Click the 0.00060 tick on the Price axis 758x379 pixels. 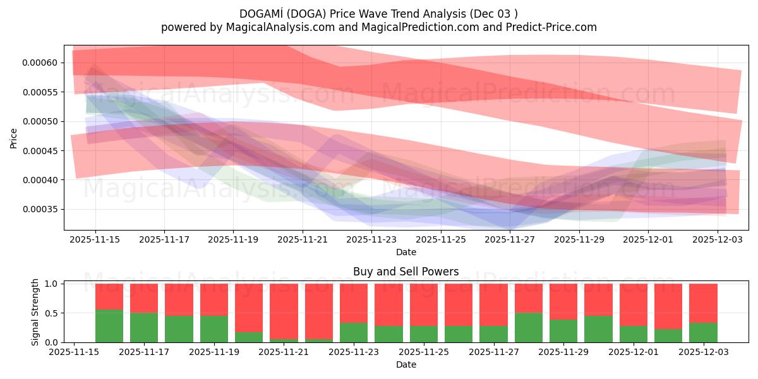point(40,63)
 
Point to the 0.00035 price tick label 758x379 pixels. point(40,210)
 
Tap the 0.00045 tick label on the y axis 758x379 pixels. point(40,151)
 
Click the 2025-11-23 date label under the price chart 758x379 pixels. point(372,240)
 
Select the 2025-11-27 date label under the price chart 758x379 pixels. point(510,240)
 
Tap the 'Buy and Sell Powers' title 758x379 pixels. point(406,272)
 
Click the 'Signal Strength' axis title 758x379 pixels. point(35,312)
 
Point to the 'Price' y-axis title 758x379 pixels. point(14,138)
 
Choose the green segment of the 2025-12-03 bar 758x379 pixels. point(703,332)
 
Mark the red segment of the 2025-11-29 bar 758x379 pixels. point(563,301)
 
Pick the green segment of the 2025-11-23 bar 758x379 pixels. point(354,332)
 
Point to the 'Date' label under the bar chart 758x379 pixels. point(406,364)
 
